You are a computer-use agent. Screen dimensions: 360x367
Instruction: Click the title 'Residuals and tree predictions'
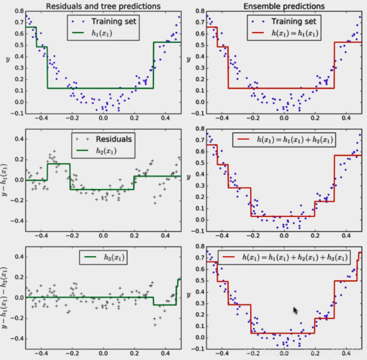tap(103, 6)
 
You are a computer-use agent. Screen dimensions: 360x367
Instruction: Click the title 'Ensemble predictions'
tap(284, 6)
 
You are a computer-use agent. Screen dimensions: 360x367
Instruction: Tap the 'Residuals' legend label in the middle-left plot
tap(114, 139)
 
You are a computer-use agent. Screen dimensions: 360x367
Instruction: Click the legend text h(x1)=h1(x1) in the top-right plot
tap(294, 33)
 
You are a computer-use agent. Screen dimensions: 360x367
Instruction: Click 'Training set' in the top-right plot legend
tap(294, 21)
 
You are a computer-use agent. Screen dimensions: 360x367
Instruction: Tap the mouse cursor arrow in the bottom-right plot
tap(295, 310)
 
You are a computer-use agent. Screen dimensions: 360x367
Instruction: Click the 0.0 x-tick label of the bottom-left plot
tap(103, 354)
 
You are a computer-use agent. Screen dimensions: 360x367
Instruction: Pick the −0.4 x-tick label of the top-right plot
tap(222, 118)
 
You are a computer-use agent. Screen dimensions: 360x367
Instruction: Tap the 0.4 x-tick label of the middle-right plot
tap(346, 236)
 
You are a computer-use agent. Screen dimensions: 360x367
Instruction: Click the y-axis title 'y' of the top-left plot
tap(6, 60)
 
